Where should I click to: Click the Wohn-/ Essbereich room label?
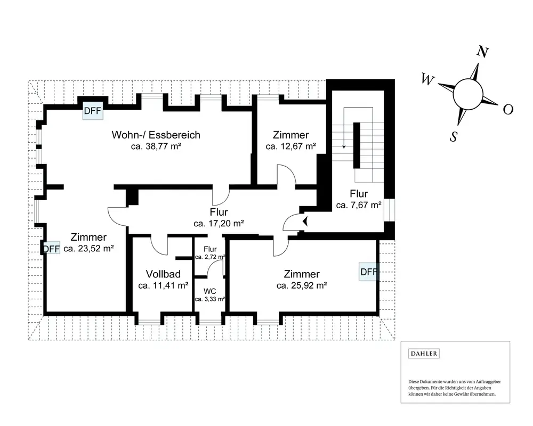(156, 135)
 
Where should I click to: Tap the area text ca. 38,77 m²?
(156, 146)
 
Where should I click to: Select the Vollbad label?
(163, 274)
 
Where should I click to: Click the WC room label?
(209, 291)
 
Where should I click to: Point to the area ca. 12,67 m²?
(291, 146)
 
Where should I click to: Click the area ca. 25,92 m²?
(302, 285)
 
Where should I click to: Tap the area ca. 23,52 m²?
(88, 248)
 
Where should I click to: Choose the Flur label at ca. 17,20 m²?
(219, 212)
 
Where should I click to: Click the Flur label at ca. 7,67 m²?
(359, 194)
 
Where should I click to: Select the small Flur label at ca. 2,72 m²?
(210, 249)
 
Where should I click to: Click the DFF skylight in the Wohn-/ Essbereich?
(93, 111)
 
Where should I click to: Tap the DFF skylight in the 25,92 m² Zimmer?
(369, 272)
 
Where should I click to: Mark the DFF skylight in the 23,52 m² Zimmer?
(51, 249)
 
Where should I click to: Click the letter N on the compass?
(483, 52)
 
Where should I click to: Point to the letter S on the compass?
(454, 136)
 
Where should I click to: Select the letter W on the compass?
(428, 79)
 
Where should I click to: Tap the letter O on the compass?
(508, 109)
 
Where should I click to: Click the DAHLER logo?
(424, 354)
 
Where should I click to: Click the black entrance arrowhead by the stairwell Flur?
(305, 221)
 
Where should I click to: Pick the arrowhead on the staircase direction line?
(344, 147)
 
